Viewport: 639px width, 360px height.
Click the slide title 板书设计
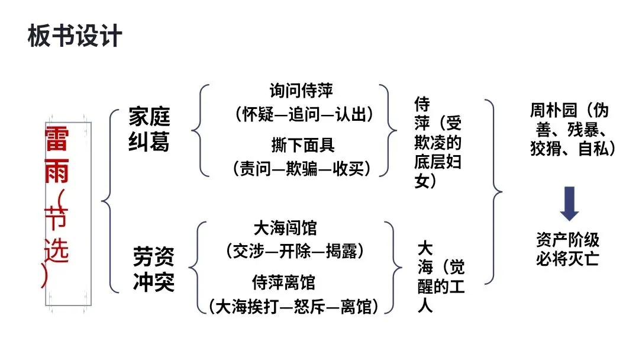[x=75, y=36]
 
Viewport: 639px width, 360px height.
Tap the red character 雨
[x=57, y=171]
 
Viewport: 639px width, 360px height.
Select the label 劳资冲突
[x=153, y=270]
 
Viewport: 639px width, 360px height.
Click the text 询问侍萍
[x=301, y=91]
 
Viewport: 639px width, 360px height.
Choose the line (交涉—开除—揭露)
[x=294, y=250]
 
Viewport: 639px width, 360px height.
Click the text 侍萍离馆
[x=283, y=281]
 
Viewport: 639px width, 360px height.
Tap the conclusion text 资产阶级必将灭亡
[x=567, y=249]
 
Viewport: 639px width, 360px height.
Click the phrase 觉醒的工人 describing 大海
[x=441, y=284]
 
